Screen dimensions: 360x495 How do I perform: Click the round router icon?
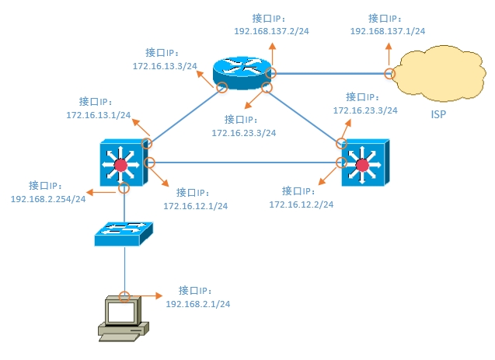pyautogui.click(x=244, y=72)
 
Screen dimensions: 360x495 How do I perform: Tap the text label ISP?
pyautogui.click(x=440, y=114)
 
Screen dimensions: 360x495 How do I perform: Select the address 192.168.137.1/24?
pyautogui.click(x=388, y=31)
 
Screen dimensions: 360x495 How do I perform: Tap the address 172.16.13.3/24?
pyautogui.click(x=165, y=67)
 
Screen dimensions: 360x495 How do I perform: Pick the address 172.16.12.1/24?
pyautogui.click(x=195, y=206)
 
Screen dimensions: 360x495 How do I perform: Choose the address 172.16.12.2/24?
pyautogui.click(x=301, y=204)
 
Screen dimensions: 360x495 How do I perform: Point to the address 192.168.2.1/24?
pyautogui.click(x=198, y=303)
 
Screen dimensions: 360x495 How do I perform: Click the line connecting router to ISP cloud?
pyautogui.click(x=330, y=74)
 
